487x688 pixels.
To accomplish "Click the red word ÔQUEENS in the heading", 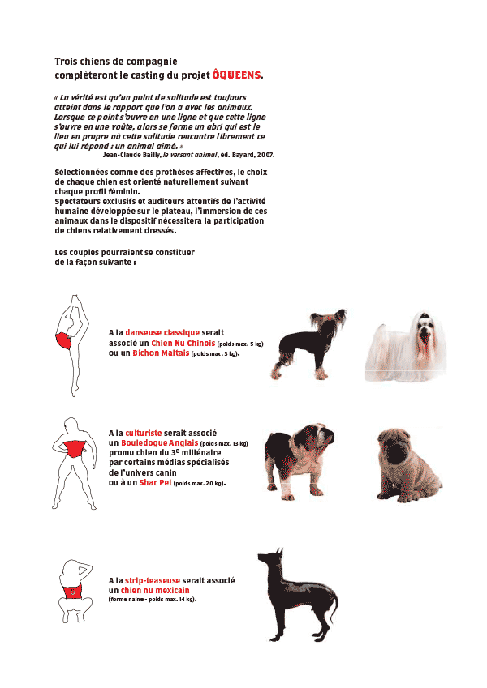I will pos(236,75).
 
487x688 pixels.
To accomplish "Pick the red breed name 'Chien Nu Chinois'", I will pos(183,343).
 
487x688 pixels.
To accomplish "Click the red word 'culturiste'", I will pos(147,433).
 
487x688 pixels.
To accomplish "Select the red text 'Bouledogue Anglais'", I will pos(158,443).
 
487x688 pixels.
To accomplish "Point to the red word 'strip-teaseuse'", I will pos(153,580).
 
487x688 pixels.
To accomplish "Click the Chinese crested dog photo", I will pos(306,345).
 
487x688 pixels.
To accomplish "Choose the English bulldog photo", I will pos(300,458).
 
